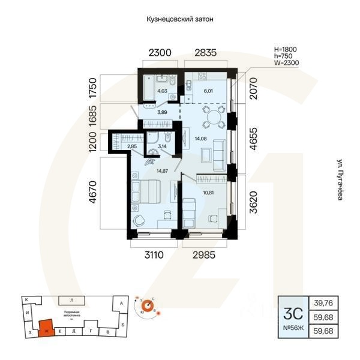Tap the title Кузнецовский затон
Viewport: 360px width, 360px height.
(180, 19)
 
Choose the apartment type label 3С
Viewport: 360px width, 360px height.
(292, 313)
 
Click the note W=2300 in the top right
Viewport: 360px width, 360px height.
(286, 62)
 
